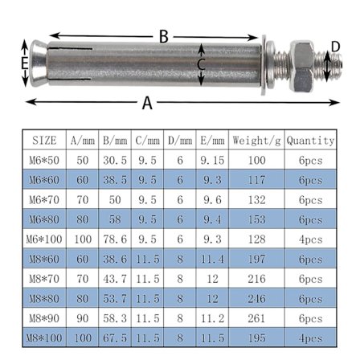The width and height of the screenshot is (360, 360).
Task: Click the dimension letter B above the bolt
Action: pos(164,36)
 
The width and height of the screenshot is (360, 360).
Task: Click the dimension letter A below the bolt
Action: pos(147,103)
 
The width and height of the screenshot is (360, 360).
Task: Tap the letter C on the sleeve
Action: pos(201,64)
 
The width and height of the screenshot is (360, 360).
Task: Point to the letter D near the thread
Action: pos(335,47)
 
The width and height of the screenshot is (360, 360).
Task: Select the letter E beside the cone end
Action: pos(25,63)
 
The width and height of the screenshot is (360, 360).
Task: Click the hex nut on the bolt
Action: pos(302,67)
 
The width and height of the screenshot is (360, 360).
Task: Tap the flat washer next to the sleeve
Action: pos(264,65)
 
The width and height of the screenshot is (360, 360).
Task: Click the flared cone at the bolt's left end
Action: pos(39,63)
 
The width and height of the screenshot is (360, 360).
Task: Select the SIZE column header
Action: pos(44,141)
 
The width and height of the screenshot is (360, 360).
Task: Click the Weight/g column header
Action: pos(256,141)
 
